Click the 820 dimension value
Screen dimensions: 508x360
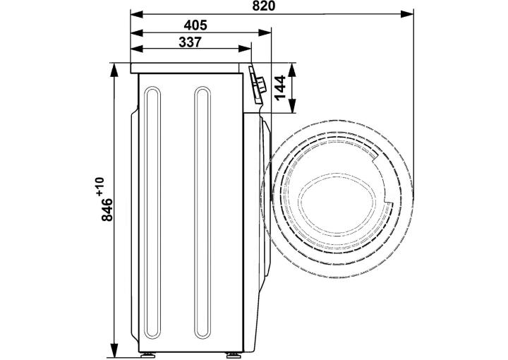[x=263, y=6]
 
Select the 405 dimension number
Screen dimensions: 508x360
[x=195, y=25]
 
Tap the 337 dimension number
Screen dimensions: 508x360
[x=190, y=42]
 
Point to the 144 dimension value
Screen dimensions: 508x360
[x=279, y=88]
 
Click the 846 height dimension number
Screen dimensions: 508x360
[x=107, y=210]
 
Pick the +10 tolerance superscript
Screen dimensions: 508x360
[x=99, y=186]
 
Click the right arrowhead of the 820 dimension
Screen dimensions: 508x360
[x=407, y=14]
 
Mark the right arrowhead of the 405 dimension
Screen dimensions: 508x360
[x=265, y=32]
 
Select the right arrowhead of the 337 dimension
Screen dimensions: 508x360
[x=245, y=49]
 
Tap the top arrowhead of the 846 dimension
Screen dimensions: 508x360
[x=114, y=70]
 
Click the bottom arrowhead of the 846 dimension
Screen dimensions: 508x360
[x=114, y=349]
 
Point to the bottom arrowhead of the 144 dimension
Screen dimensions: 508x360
[x=292, y=107]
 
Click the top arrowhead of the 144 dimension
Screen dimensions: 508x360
[x=292, y=70]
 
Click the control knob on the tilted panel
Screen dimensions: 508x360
[x=260, y=85]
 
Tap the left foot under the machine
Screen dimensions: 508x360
[x=147, y=355]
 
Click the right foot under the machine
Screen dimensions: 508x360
[x=232, y=355]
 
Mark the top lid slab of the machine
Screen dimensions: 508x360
[x=185, y=68]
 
